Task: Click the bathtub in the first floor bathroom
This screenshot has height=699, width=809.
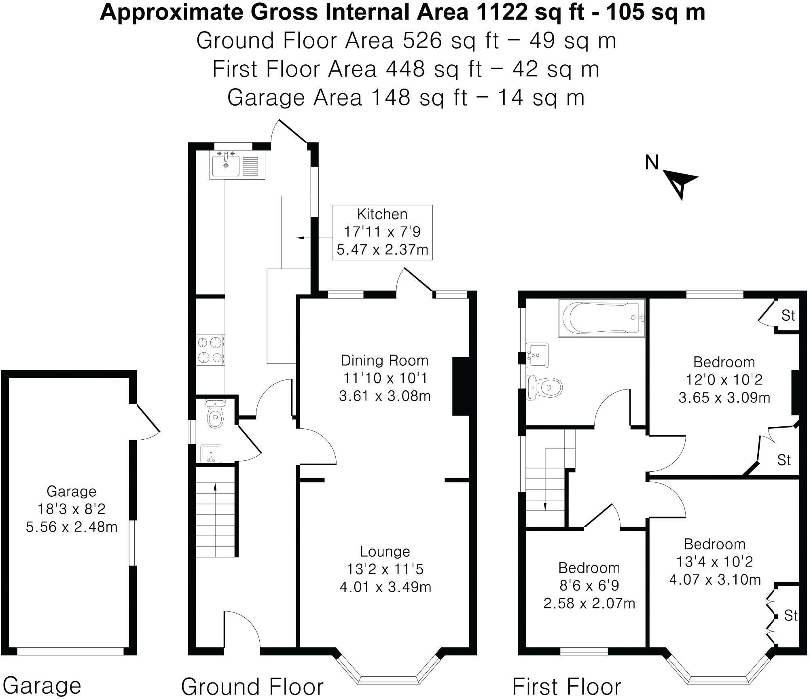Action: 601,318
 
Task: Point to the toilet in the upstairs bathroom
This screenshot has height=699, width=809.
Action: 544,388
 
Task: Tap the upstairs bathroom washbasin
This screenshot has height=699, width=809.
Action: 537,355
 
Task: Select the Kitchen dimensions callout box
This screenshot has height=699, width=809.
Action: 382,232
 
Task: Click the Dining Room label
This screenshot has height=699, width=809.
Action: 384,360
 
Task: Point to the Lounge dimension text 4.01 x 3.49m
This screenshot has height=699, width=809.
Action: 385,587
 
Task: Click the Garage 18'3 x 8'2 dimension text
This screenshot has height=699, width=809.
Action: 72,509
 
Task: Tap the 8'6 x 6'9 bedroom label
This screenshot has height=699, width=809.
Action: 589,585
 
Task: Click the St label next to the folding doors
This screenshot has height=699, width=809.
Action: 790,616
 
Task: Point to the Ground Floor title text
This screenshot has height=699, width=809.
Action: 252,686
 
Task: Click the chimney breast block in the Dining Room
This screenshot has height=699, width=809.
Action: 460,386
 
